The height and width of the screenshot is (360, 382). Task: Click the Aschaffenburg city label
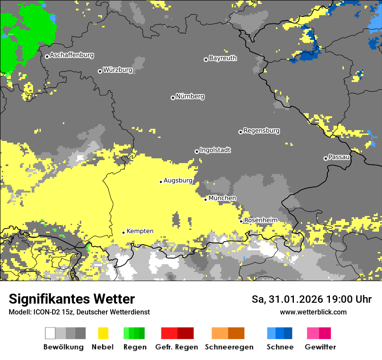(x=72, y=56)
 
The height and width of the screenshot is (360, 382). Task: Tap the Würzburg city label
(x=117, y=70)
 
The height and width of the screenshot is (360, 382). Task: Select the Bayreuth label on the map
(x=223, y=58)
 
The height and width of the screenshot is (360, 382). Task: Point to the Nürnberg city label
(x=190, y=96)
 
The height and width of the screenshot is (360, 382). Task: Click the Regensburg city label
(x=261, y=131)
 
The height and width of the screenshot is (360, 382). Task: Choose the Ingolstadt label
(x=215, y=150)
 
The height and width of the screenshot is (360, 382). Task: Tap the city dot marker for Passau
(x=326, y=158)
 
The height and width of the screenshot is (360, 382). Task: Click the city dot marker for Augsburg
(x=161, y=182)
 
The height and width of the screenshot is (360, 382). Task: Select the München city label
(x=222, y=198)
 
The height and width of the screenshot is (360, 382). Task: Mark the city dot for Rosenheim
(x=241, y=221)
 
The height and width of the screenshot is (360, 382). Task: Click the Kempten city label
(x=140, y=231)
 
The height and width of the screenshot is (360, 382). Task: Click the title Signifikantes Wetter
(x=72, y=299)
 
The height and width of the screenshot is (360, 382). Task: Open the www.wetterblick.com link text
(x=313, y=312)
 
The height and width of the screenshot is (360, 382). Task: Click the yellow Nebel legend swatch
(x=103, y=333)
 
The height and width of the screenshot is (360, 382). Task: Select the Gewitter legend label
(x=320, y=347)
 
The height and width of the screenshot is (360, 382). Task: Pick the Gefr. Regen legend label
(x=177, y=347)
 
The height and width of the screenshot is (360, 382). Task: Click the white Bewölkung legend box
(x=50, y=333)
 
